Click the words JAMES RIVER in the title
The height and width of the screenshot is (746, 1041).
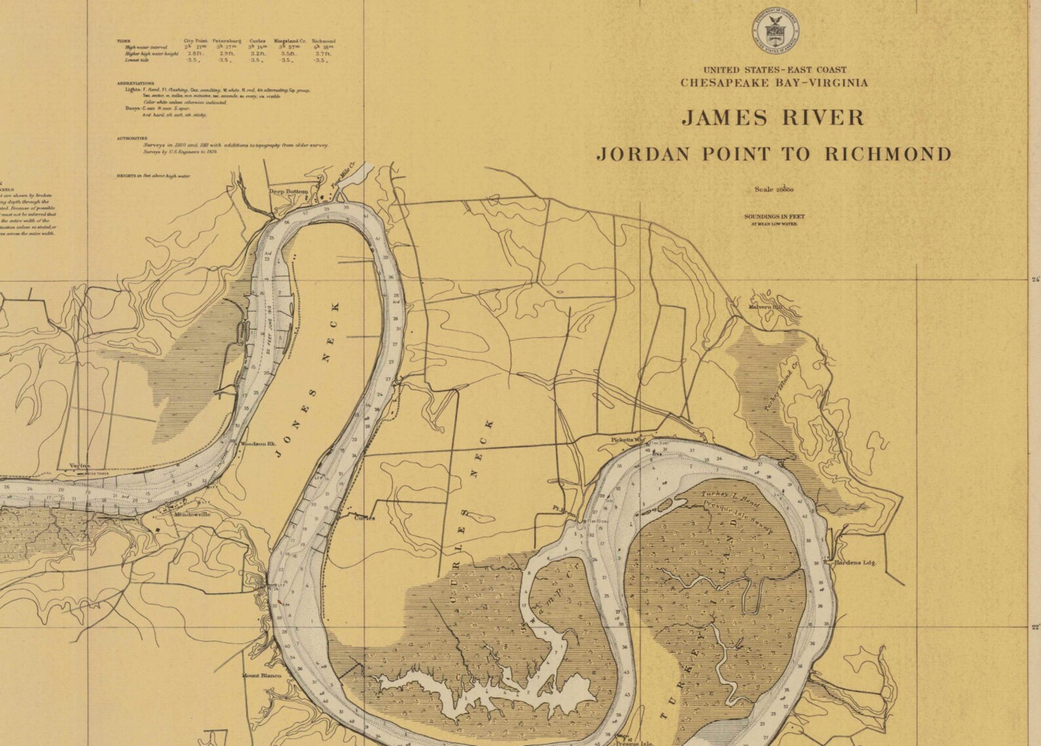pyautogui.click(x=774, y=118)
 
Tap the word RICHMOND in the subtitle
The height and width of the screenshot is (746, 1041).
pyautogui.click(x=888, y=154)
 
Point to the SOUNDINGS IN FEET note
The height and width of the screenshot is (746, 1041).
pyautogui.click(x=774, y=216)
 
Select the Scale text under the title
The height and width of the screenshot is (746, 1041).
pyautogui.click(x=774, y=189)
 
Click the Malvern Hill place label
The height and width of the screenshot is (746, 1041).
pyautogui.click(x=766, y=306)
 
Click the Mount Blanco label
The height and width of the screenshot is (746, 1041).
pyautogui.click(x=261, y=676)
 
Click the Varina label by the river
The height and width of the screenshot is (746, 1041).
pyautogui.click(x=79, y=465)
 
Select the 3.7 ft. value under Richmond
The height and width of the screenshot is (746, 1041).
pyautogui.click(x=322, y=54)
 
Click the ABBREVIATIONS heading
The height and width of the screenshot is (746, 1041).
pyautogui.click(x=135, y=84)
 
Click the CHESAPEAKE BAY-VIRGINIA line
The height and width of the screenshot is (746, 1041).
pyautogui.click(x=774, y=83)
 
